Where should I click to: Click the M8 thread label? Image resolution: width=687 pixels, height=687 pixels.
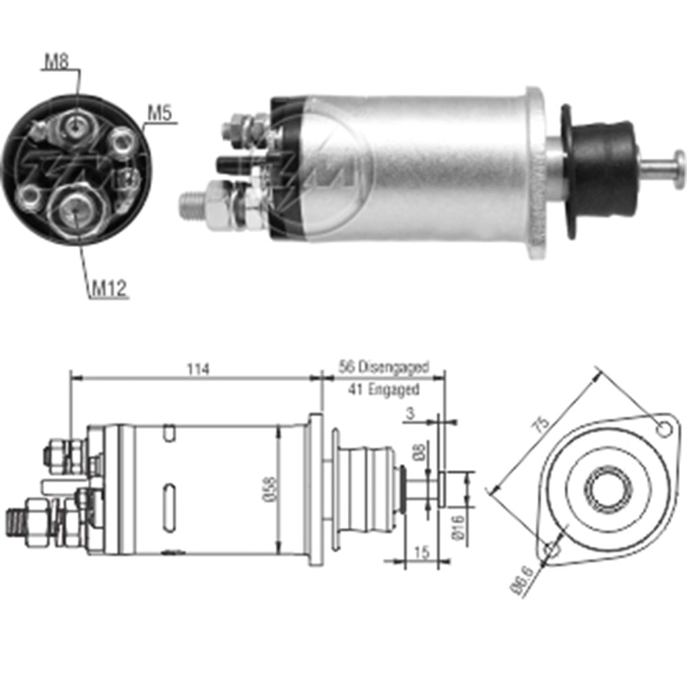pyautogui.click(x=57, y=62)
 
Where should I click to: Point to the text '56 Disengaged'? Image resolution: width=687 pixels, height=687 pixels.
pyautogui.click(x=383, y=368)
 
